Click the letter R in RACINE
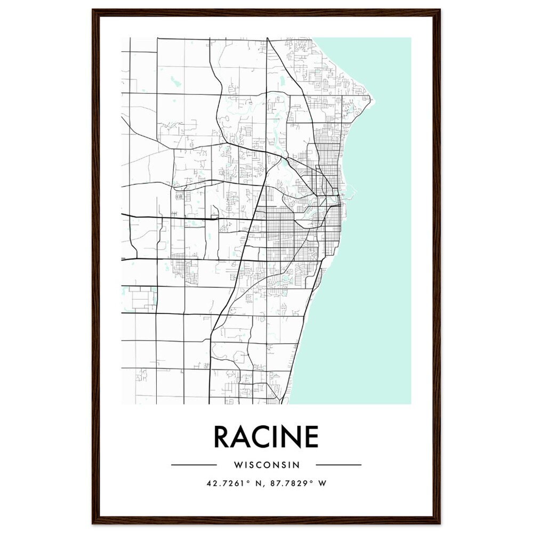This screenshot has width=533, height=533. tap(222, 437)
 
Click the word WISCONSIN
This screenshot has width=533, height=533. tap(266, 465)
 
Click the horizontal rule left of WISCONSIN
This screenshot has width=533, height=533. tap(193, 465)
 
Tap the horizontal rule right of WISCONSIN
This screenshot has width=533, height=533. tap(338, 465)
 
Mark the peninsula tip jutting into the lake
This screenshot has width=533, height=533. tap(374, 100)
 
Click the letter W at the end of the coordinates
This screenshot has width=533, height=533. tap(322, 484)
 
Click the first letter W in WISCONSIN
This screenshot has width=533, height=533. tap(237, 465)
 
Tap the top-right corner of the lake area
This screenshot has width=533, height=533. tap(410, 38)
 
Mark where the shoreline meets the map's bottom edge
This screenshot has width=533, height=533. tap(289, 403)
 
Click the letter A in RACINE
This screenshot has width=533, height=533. tap(240, 437)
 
